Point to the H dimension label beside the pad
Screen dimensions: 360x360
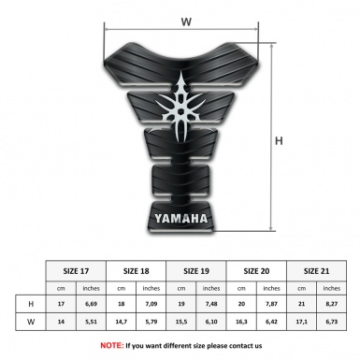(278, 141)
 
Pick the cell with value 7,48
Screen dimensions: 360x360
(212, 304)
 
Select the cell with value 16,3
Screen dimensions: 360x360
(242, 324)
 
